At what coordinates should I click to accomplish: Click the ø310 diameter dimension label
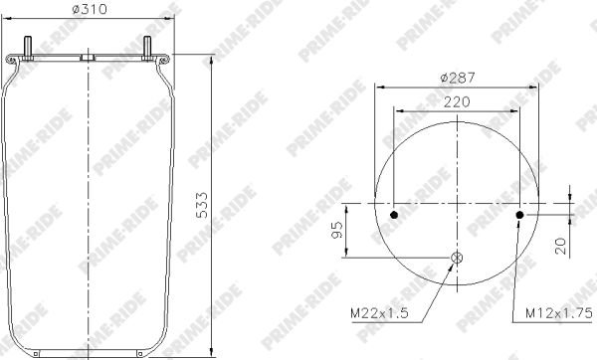point(90,9)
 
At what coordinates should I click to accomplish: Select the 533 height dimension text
point(202,206)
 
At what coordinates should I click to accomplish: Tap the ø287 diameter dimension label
point(458,78)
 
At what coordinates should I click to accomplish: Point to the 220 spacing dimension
point(457,102)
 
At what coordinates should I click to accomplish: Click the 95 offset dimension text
point(337,230)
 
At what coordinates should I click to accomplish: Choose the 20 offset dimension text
point(561,247)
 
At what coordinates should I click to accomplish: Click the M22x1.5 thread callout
point(379,313)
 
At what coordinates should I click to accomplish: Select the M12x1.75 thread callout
point(559,313)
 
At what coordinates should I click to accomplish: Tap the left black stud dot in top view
point(394,215)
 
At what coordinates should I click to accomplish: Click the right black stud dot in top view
point(519,215)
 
